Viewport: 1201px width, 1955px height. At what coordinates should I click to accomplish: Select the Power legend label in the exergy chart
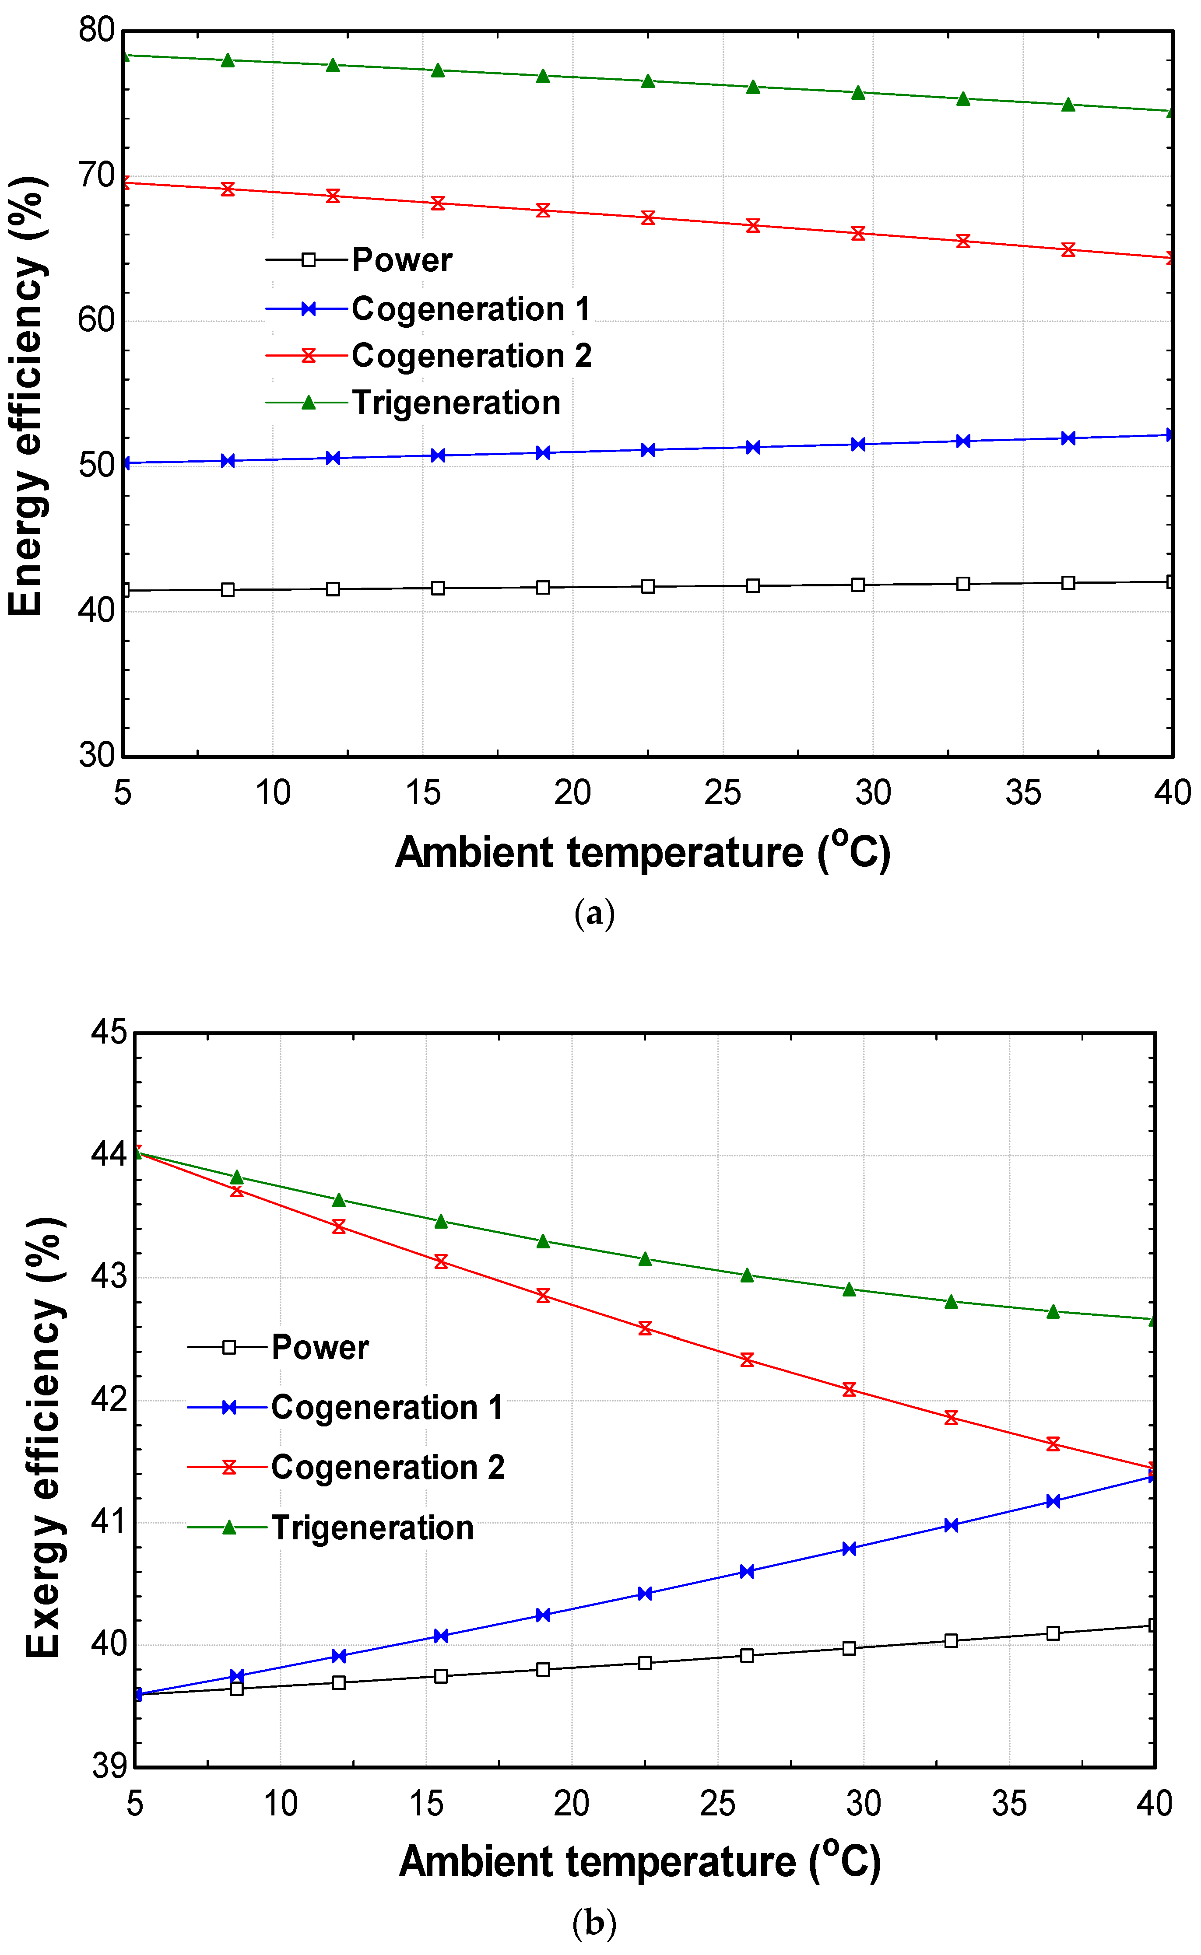click(x=320, y=1348)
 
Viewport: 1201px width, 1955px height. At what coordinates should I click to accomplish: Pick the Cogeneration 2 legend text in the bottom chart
click(x=388, y=1468)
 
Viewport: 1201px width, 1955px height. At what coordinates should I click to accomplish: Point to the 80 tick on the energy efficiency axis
click(x=97, y=30)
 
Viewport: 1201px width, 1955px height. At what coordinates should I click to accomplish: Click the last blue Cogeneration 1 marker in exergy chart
click(x=1153, y=1476)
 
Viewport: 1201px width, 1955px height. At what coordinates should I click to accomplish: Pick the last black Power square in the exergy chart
click(x=1153, y=1626)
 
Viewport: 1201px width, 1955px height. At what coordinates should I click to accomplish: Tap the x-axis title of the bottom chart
click(x=639, y=1862)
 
